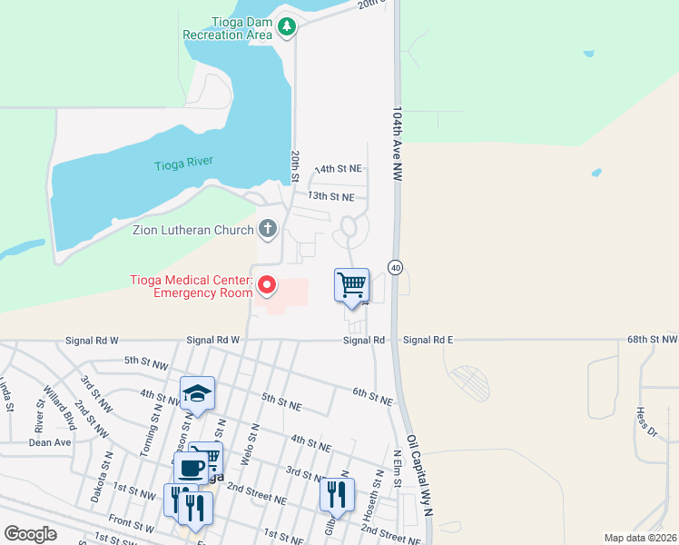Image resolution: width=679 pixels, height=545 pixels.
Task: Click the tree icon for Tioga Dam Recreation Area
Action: click(287, 27)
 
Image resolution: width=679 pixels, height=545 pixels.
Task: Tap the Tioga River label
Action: click(183, 163)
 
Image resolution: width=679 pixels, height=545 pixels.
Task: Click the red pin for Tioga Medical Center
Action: click(267, 285)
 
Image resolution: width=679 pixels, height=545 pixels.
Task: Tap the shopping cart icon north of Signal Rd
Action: click(351, 285)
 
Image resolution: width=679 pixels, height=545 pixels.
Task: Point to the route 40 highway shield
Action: click(395, 267)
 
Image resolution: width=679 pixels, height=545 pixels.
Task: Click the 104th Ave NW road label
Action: click(398, 145)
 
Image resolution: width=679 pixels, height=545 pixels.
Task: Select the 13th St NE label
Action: click(330, 196)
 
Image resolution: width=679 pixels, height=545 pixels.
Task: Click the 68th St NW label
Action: click(652, 340)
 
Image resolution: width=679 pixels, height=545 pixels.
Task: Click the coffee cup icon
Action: click(191, 468)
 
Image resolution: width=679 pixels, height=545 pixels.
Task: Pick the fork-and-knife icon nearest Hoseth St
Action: click(336, 495)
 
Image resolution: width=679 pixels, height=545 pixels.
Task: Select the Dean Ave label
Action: click(50, 442)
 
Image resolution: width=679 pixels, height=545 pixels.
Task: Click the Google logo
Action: click(30, 533)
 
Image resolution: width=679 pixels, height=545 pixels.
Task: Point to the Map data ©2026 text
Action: click(640, 538)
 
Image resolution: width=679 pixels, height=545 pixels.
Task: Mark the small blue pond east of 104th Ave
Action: click(595, 172)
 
